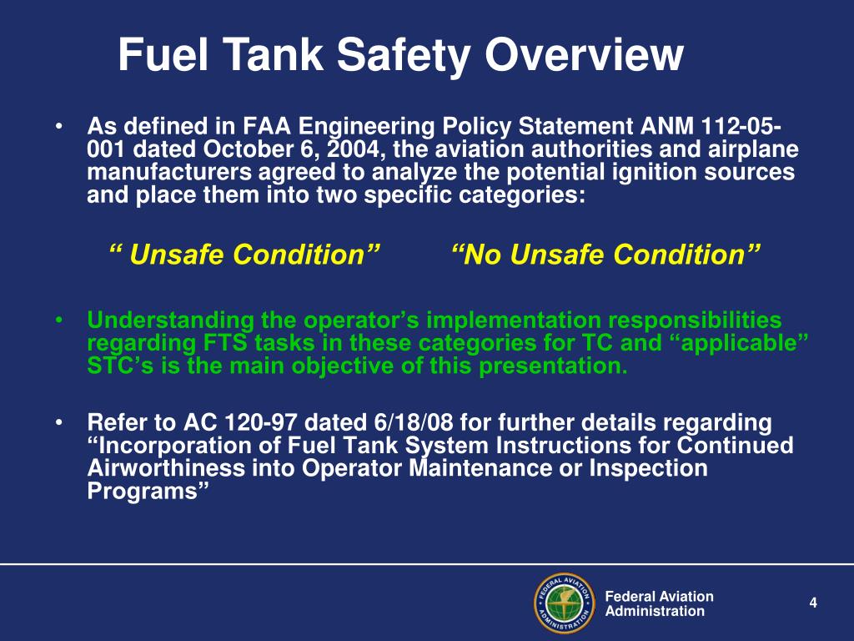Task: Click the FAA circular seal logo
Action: pyautogui.click(x=563, y=603)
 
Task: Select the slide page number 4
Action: pyautogui.click(x=813, y=603)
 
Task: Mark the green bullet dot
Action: pyautogui.click(x=62, y=320)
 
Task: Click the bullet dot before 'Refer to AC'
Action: pyautogui.click(x=62, y=422)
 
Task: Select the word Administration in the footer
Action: pyautogui.click(x=654, y=611)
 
